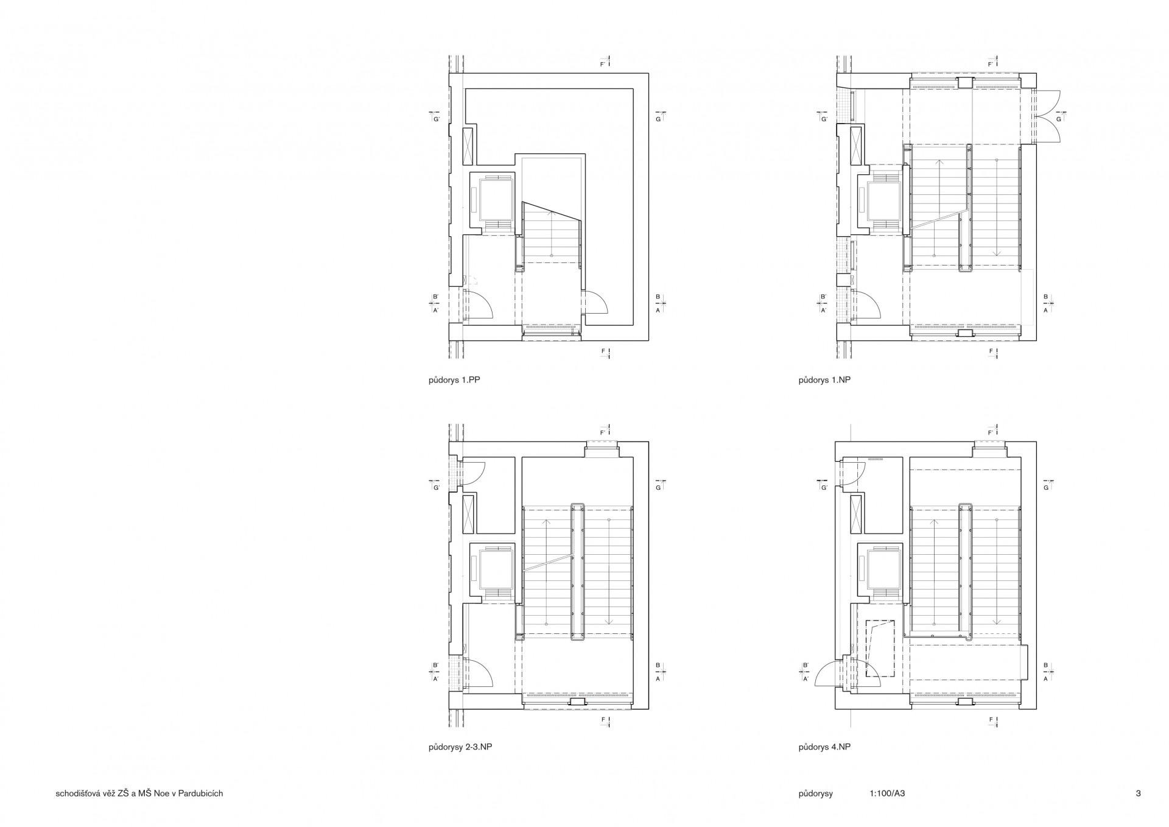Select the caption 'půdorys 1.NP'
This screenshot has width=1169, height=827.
click(824, 380)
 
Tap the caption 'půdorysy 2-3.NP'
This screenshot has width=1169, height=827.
click(460, 747)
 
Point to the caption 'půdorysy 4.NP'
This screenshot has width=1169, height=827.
click(824, 747)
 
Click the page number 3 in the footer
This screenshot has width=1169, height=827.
click(1138, 794)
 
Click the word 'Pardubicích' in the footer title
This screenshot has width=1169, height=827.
click(202, 794)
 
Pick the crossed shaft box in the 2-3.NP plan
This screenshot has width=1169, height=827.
click(468, 514)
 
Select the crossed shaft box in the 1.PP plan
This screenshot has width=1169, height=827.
click(468, 147)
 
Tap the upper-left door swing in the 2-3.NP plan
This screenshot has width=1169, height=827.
click(473, 474)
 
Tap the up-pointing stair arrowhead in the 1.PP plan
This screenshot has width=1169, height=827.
click(551, 213)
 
